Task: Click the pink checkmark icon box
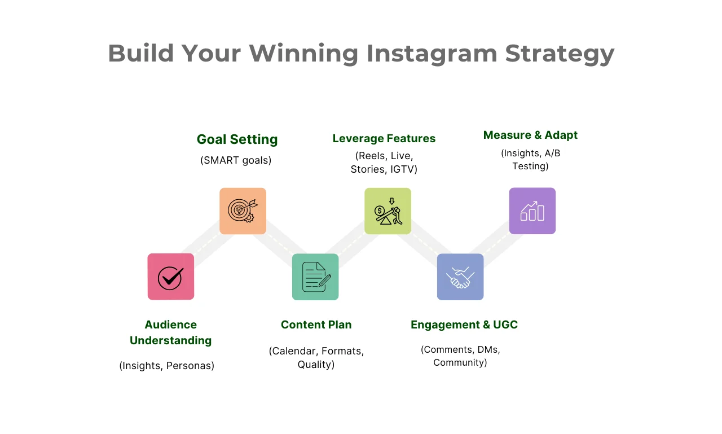[171, 277]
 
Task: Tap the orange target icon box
[243, 211]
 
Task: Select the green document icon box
[315, 277]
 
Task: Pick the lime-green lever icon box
[388, 211]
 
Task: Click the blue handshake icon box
[460, 277]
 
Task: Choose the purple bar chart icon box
[532, 211]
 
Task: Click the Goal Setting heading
[237, 140]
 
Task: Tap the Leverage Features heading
[384, 138]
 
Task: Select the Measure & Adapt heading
[530, 135]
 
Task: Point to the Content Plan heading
[316, 325]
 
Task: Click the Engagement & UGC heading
[464, 325]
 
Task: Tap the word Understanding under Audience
[170, 340]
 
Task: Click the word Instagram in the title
[432, 54]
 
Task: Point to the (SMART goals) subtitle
[236, 160]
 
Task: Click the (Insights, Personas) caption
[166, 366]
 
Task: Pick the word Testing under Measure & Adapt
[530, 166]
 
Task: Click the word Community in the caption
[460, 362]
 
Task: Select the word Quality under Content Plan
[316, 365]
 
